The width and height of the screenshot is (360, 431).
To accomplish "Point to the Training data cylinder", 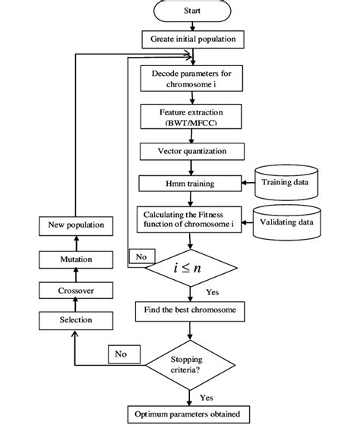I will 287,182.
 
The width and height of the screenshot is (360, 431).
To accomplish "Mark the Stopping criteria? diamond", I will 196,360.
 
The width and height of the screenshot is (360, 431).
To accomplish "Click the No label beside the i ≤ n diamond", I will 141,256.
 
